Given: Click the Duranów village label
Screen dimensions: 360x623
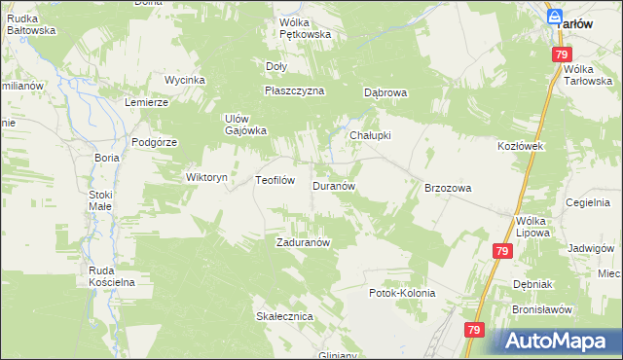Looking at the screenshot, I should click(x=338, y=185).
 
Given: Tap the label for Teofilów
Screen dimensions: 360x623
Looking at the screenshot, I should click(x=275, y=180).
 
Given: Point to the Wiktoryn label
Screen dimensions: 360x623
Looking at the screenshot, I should click(x=206, y=178).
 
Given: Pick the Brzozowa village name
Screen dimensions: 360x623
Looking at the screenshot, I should click(x=448, y=188).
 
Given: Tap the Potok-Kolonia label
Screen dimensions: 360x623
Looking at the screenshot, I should click(x=401, y=293).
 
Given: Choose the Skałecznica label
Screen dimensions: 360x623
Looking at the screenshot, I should click(x=283, y=317).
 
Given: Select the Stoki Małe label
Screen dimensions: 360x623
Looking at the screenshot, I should click(x=100, y=200).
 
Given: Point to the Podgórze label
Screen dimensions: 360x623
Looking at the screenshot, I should click(x=154, y=142).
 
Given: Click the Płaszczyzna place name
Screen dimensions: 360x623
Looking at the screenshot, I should click(x=294, y=90).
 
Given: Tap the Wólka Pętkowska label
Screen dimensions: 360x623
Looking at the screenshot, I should click(x=305, y=28).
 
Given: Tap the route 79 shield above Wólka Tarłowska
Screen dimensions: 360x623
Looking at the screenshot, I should click(x=562, y=55).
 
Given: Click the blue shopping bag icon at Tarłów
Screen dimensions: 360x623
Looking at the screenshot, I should click(x=554, y=18).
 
